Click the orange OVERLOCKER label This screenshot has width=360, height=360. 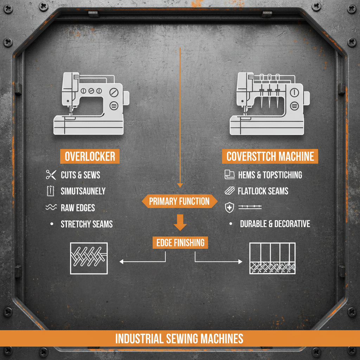pos(90,156)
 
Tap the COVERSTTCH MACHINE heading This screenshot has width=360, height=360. pos(270,156)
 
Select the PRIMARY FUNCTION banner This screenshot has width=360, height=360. pos(179,201)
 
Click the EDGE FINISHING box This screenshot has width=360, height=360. pos(180,243)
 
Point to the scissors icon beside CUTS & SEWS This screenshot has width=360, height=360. pos(51,175)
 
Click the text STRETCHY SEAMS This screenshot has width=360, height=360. pos(87,224)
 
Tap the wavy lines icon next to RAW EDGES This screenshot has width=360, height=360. pos(51,208)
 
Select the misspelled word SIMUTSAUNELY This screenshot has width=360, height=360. pos(83,191)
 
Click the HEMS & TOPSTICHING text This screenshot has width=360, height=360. pos(270,175)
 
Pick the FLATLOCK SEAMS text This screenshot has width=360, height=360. pos(263,191)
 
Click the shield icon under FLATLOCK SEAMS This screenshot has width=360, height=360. pos(229,208)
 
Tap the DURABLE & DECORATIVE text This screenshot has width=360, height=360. pos(275,224)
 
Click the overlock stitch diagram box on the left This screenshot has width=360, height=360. pos(89,258)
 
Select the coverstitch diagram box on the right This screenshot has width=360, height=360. pos(272,258)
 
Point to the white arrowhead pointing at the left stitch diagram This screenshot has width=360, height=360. pos(122,262)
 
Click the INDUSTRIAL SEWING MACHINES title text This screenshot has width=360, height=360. pos(179,339)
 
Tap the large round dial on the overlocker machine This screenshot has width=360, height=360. pos(114,92)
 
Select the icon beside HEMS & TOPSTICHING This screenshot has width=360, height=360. pos(229,174)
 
